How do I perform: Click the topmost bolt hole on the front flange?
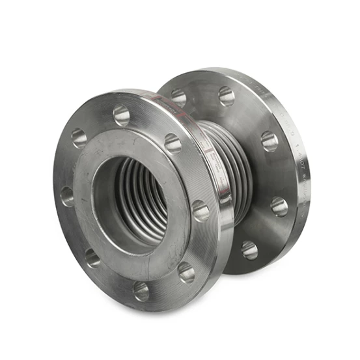[x=122, y=115]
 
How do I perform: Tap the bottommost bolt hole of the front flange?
[x=141, y=290]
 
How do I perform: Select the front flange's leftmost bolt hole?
[x=67, y=195]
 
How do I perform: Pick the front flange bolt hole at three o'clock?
[x=200, y=211]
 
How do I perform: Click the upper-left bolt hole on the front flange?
[x=79, y=137]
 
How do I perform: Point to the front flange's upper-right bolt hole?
[x=173, y=143]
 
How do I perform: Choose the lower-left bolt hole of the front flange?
[x=93, y=257]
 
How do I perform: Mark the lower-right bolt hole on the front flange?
[x=186, y=271]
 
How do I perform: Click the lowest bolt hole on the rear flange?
[x=249, y=249]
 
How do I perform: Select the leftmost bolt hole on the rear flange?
[x=178, y=98]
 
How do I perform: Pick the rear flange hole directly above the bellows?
[x=226, y=96]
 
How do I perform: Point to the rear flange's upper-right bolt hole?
[x=269, y=140]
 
